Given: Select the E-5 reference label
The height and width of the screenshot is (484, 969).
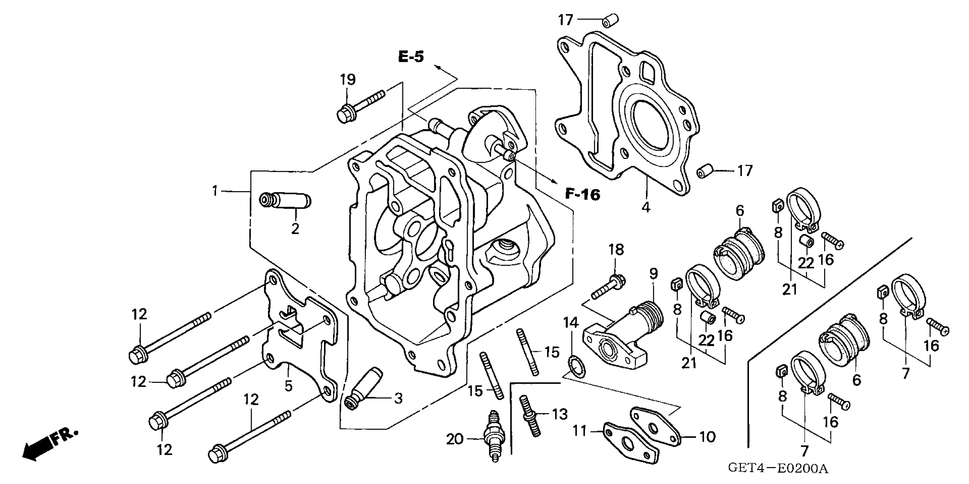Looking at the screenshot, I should [411, 57].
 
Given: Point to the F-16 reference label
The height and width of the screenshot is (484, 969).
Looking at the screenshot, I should [583, 194].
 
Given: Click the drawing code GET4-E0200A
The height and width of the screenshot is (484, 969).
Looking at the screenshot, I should [778, 469].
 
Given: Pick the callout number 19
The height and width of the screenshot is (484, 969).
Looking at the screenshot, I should [348, 80].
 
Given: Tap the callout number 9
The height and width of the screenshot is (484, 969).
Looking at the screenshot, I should [653, 273].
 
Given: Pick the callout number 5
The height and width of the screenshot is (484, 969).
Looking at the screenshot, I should [288, 385].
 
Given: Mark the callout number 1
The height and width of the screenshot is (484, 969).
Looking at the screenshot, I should [215, 191].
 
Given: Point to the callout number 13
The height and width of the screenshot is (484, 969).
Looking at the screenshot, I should [559, 414].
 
